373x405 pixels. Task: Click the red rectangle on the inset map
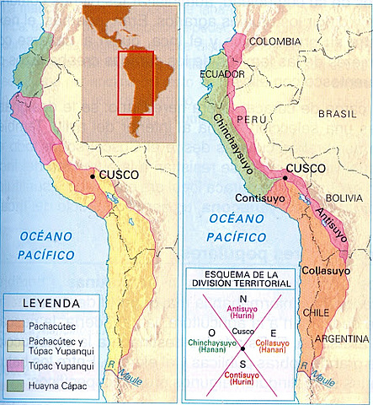point(135,82)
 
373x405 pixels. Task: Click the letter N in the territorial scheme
point(242,300)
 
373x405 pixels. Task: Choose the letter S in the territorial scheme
point(242,358)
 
